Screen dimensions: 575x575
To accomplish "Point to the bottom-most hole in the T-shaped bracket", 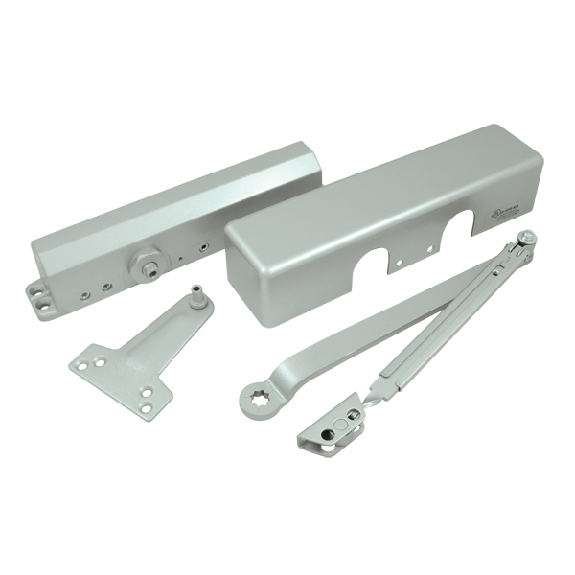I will pos(146,407).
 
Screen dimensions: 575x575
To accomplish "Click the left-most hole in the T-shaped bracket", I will pos(81,365).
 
